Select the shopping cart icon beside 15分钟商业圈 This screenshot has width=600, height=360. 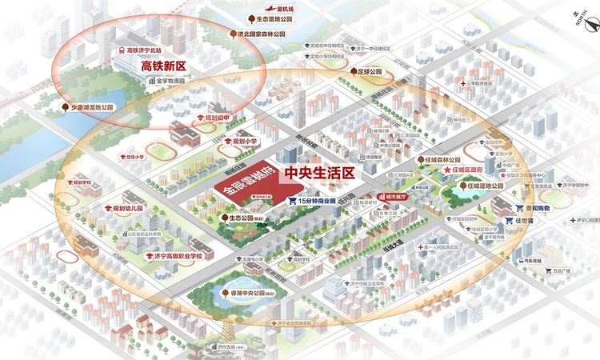click(293, 201)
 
